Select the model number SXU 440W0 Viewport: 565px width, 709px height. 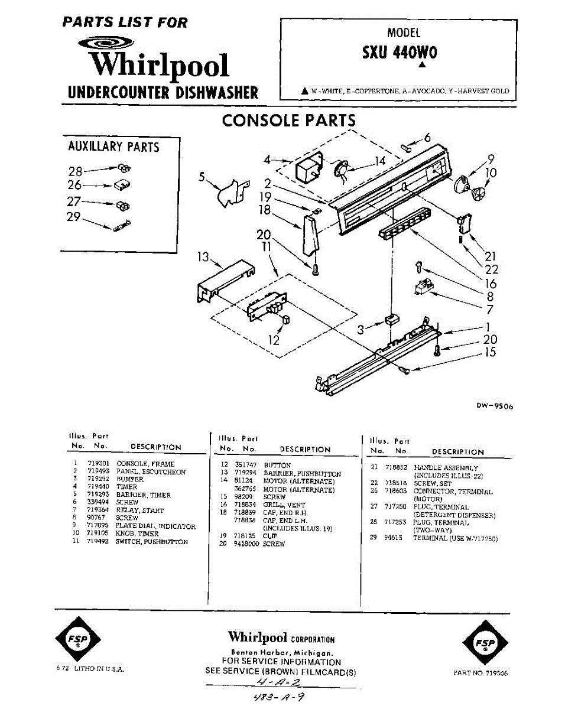pyautogui.click(x=400, y=53)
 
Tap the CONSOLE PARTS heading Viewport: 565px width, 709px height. pyautogui.click(x=289, y=121)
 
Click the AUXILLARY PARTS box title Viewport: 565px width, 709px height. pyautogui.click(x=114, y=147)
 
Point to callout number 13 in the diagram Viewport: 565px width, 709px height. pyautogui.click(x=203, y=257)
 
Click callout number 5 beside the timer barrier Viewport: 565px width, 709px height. pyautogui.click(x=202, y=176)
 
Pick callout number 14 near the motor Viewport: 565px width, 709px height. pyautogui.click(x=379, y=160)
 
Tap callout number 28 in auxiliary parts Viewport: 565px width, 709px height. pyautogui.click(x=75, y=171)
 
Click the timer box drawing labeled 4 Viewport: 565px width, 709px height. pyautogui.click(x=307, y=170)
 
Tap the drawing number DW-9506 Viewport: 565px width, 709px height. pyautogui.click(x=494, y=406)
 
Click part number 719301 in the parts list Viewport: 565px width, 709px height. pyautogui.click(x=98, y=464)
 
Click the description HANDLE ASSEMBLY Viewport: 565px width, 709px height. pyautogui.click(x=446, y=468)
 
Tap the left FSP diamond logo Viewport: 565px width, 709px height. pyautogui.click(x=77, y=640)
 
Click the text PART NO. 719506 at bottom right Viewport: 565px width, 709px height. pyautogui.click(x=480, y=673)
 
